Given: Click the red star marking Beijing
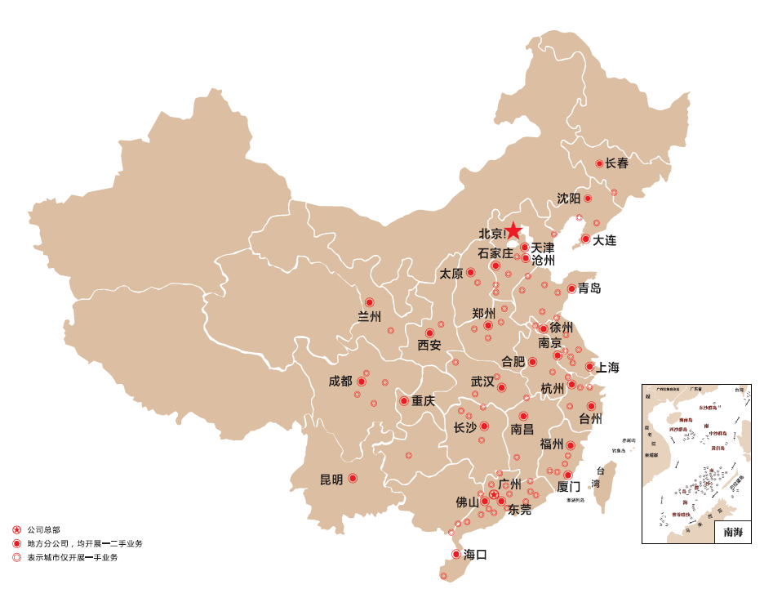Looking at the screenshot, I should coord(513,231).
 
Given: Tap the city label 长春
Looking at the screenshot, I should coord(617,163).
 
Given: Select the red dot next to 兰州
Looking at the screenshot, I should coord(369,302).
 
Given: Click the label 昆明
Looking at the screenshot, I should coord(331,480).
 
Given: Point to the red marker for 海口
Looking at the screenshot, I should coord(456,554).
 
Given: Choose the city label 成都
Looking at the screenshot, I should coord(340,381).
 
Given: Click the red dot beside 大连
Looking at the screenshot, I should coord(585,239).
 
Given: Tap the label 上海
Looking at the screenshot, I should coord(607,368).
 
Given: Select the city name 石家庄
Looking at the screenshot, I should coord(495,253).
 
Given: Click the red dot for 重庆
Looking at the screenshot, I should coord(403,401).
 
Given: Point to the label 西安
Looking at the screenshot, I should coord(429,346).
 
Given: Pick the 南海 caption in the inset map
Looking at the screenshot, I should coord(732,532).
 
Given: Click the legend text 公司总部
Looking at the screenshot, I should coord(43,529).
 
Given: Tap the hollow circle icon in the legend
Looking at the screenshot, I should coord(16,557).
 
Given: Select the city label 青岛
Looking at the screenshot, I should coord(589,288).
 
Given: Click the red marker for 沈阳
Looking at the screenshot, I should coord(588,199).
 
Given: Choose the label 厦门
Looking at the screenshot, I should coord(569,486).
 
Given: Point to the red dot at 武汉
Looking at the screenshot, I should coord(501,387).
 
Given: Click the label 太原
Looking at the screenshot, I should coord(451,273).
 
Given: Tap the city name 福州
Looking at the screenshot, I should coord(552,444).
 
